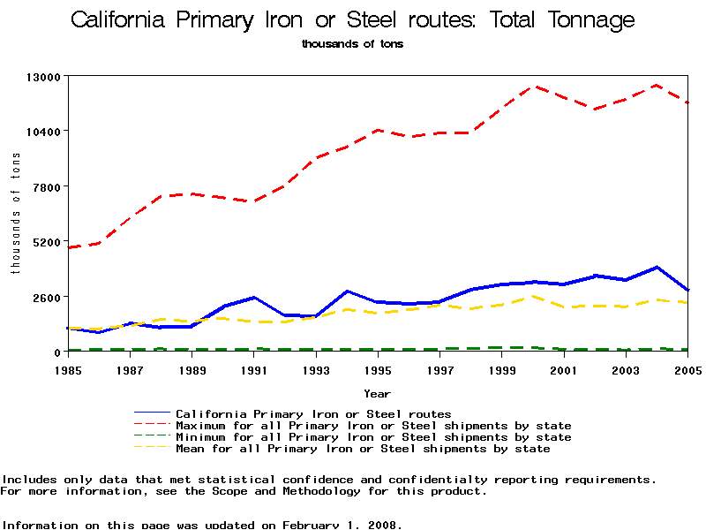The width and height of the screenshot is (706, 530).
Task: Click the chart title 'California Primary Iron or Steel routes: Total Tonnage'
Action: coord(352,19)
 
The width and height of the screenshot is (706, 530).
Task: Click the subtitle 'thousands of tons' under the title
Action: coord(352,42)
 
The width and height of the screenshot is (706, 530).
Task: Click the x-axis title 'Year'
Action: coord(377,394)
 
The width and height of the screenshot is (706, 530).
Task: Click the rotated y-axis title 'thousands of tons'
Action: coord(15,213)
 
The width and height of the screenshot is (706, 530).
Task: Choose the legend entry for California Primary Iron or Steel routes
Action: coord(313,413)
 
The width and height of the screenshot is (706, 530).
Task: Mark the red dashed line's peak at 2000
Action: coord(532,87)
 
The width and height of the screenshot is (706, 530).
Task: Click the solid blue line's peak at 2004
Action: coord(657,267)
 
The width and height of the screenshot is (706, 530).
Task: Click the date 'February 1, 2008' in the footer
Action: coord(341,525)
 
